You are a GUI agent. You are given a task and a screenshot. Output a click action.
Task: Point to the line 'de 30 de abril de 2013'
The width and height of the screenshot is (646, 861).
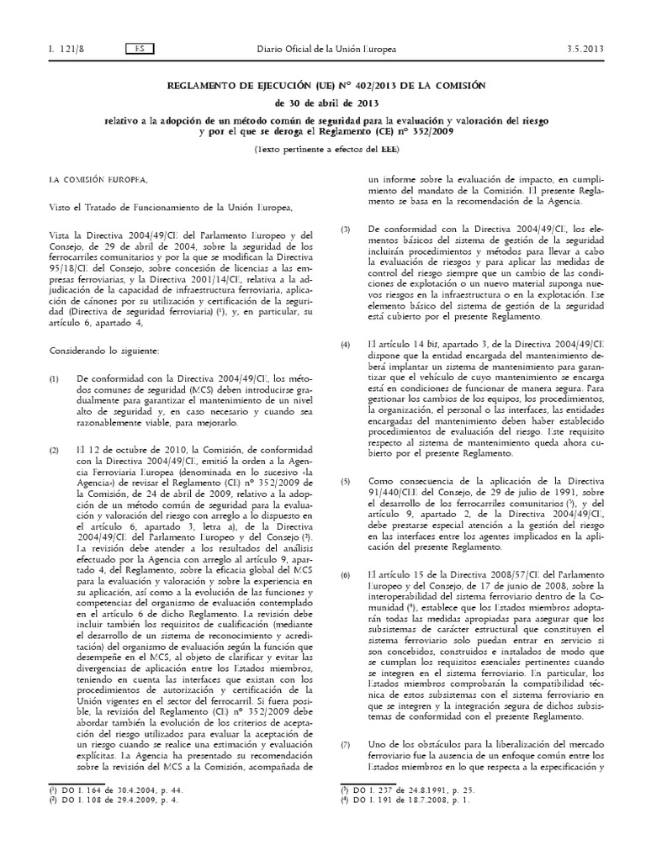[322, 103]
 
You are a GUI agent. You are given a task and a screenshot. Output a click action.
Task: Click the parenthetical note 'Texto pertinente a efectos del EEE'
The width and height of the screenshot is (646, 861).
[322, 149]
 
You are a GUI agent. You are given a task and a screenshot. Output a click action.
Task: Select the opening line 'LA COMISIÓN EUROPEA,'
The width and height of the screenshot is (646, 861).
[97, 179]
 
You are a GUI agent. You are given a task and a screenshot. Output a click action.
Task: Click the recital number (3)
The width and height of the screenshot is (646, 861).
[344, 230]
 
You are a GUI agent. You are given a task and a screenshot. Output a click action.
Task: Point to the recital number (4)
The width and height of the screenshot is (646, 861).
[344, 346]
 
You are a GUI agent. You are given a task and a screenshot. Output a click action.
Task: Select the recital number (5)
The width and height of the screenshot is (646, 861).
[344, 482]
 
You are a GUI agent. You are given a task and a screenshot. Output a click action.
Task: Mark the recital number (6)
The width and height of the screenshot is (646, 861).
[344, 574]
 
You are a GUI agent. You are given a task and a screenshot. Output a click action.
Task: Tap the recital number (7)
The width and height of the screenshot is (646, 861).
[344, 746]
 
